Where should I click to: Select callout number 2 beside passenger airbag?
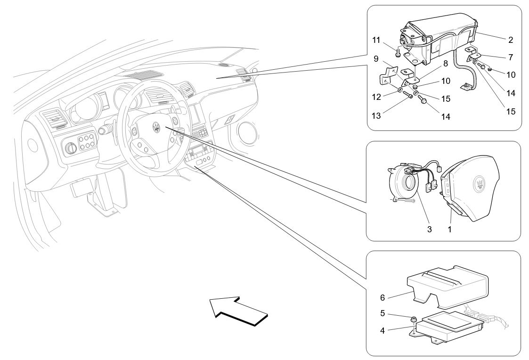511,40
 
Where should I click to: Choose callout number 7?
511,57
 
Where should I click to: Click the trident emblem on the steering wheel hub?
155,127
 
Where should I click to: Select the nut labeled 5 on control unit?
413,319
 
